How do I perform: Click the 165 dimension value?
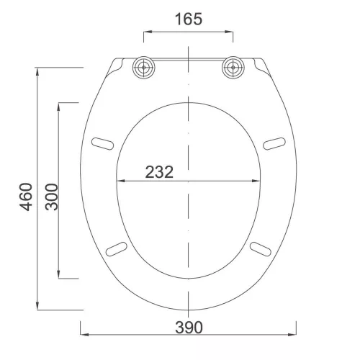coord(189,19)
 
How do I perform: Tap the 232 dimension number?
coord(159,172)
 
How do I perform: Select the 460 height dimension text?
coord(26,197)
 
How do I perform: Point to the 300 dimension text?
coord(52,197)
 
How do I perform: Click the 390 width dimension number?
coord(189,328)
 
